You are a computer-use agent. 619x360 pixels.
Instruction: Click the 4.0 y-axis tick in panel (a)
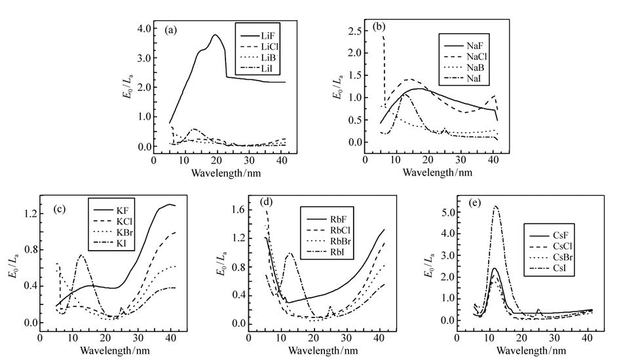140,28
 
